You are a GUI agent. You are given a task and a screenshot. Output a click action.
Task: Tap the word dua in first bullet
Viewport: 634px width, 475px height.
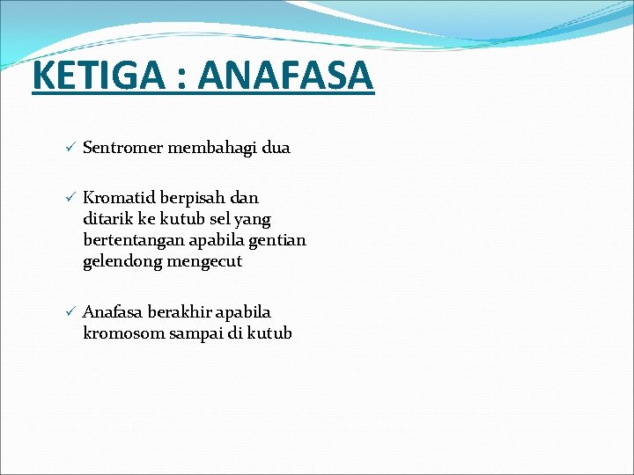tap(276, 148)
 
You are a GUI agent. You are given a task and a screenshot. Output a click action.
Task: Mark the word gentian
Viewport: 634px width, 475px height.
tap(278, 240)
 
